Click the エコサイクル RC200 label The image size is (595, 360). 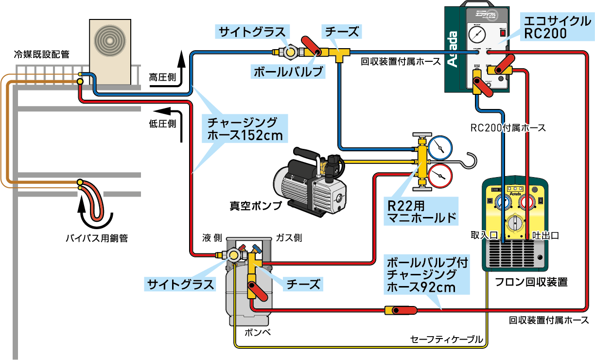click(556, 28)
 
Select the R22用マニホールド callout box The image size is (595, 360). click(421, 211)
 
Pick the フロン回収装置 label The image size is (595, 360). click(531, 282)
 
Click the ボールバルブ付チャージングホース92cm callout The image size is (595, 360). click(427, 275)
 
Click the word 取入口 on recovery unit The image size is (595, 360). click(485, 235)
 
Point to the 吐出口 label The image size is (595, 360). click(545, 235)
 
